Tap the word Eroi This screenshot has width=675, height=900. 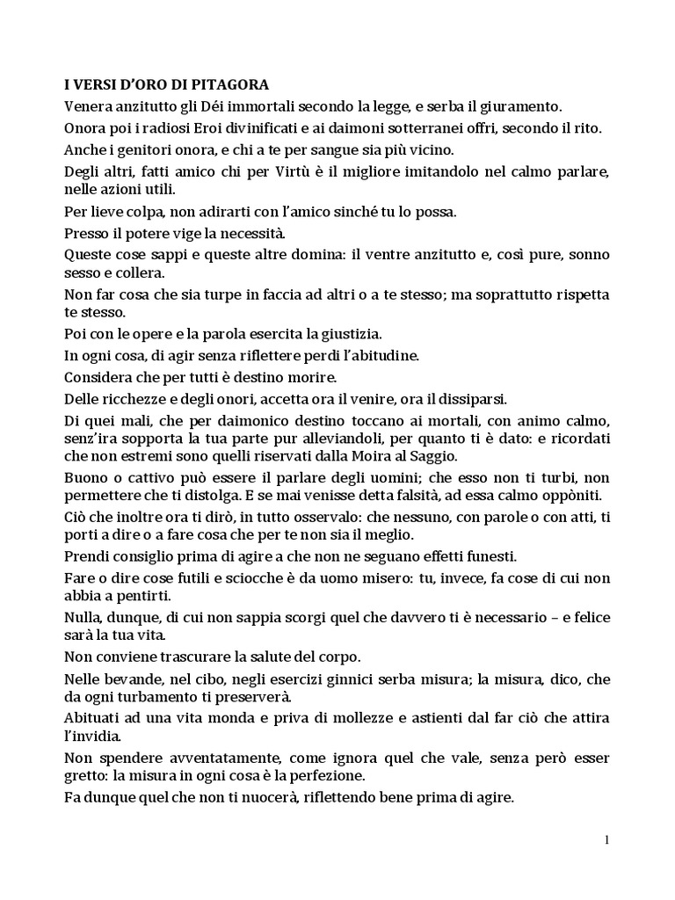195,128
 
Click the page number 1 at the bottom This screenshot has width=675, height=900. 606,839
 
